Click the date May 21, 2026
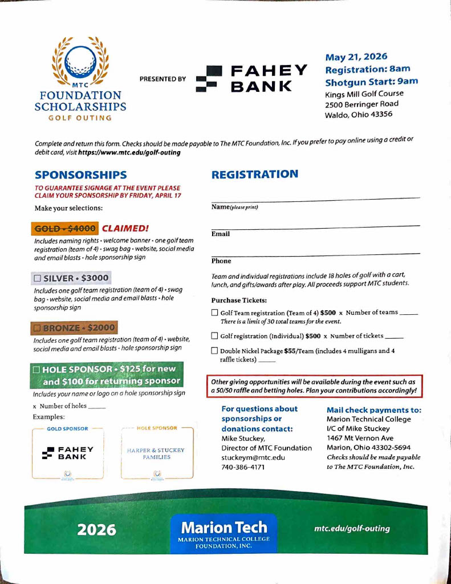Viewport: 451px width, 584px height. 356,56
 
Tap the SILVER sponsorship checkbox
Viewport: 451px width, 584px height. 37,278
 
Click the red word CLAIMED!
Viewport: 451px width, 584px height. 125,229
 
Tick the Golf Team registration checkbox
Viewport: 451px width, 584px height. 214,313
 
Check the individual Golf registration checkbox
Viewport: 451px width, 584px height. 214,336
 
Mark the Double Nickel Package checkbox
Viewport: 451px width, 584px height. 214,351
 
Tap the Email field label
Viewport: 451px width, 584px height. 221,234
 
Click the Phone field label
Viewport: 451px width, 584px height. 221,261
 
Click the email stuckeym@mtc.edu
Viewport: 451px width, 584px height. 253,457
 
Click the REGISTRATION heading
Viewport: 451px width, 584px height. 254,175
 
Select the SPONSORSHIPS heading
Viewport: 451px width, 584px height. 80,175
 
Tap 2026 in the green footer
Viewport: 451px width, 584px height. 97,530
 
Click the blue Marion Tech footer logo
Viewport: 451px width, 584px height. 224,533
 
